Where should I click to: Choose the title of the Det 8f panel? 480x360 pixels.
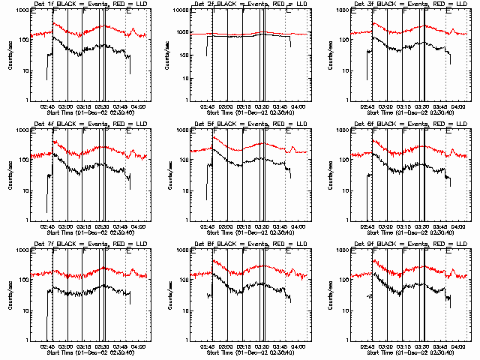[x=241, y=244]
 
